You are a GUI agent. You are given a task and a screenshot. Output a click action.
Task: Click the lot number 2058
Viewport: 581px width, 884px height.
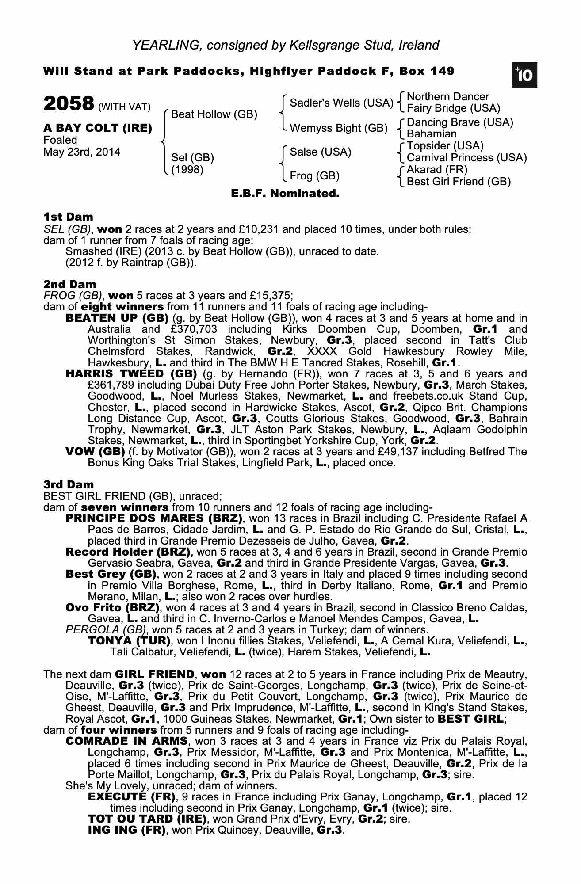click(69, 104)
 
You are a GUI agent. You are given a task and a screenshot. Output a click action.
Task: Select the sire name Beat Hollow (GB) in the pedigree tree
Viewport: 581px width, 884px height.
click(214, 114)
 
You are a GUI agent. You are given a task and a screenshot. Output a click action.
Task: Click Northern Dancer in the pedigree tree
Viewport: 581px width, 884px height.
click(447, 97)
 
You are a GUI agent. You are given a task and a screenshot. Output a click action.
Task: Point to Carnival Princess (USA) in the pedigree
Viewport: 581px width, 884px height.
click(466, 158)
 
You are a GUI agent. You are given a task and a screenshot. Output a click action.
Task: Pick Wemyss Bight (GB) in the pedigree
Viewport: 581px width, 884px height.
click(338, 128)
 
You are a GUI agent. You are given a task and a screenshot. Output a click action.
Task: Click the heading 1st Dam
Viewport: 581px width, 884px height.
click(68, 217)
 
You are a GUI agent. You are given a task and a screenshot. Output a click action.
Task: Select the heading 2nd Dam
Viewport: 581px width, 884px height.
click(69, 284)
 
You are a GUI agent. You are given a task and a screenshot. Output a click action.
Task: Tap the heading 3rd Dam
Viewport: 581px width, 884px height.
click(69, 484)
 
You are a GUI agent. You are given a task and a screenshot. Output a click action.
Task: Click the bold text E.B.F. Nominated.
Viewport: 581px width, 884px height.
click(285, 194)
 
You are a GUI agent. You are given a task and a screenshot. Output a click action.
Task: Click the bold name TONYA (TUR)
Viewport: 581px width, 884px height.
click(129, 640)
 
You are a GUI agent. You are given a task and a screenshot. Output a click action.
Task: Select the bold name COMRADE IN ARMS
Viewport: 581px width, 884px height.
click(126, 740)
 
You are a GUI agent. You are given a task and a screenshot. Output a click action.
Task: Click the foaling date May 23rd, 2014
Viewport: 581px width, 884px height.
click(82, 152)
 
